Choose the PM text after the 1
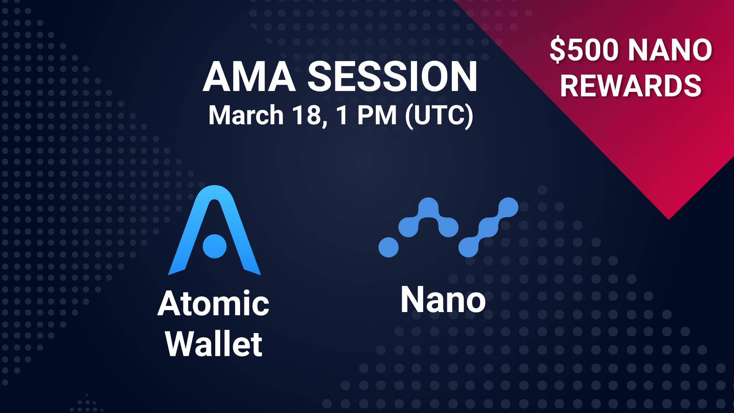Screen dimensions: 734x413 (x=377, y=115)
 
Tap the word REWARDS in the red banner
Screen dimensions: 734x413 (x=631, y=86)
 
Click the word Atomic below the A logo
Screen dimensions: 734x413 (x=213, y=304)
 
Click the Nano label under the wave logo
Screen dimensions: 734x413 (x=443, y=300)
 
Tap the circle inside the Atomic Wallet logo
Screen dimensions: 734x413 (x=214, y=246)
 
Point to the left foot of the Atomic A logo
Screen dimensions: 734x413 (x=177, y=270)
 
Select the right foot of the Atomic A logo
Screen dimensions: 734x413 (x=252, y=270)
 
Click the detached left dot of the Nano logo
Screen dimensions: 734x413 (x=388, y=247)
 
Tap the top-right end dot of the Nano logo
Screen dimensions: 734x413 (x=508, y=207)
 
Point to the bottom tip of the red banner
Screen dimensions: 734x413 (x=669, y=219)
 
